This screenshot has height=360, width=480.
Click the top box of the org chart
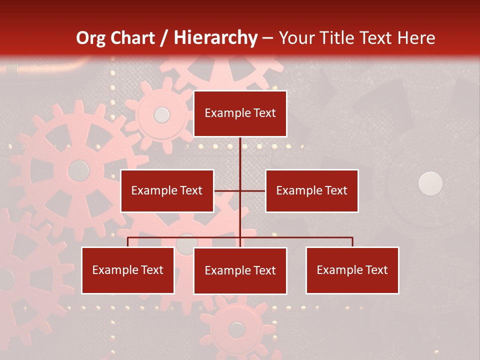240,113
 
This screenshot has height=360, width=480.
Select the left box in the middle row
167,190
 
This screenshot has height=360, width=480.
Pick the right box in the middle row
311,190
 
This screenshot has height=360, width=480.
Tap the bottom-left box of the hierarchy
128,270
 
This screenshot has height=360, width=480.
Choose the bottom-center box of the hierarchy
240,270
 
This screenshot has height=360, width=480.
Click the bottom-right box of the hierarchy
352,270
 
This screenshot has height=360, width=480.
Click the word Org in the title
90,38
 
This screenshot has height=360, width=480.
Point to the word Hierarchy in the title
215,38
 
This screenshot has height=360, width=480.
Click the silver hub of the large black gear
430,183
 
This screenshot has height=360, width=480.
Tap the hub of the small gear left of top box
161,115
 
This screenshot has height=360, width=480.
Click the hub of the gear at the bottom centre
236,329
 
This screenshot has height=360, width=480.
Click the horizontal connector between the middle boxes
227,190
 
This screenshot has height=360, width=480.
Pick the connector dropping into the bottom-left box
128,242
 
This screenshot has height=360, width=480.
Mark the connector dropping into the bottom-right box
352,242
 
